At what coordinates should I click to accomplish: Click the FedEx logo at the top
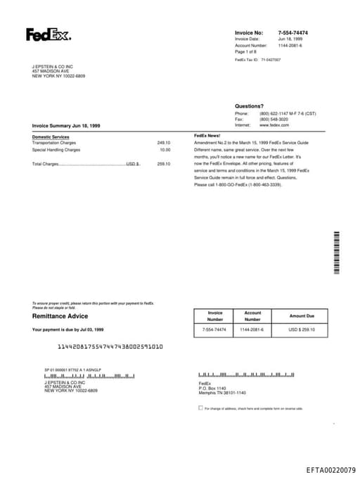click(48, 34)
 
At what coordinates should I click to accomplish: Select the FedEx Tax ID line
click(257, 61)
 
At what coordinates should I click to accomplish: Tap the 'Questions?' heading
click(249, 106)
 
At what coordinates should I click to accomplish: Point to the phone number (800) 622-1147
click(276, 113)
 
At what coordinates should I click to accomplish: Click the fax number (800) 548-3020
click(274, 119)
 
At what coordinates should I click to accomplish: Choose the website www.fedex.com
click(274, 125)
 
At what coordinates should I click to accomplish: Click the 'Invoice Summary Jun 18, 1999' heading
click(66, 125)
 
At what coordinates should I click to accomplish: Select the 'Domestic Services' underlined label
click(51, 136)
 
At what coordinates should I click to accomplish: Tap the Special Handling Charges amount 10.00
click(165, 150)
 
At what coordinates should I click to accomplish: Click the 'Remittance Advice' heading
click(60, 316)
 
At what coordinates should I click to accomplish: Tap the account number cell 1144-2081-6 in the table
click(252, 329)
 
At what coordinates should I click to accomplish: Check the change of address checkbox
click(200, 407)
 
